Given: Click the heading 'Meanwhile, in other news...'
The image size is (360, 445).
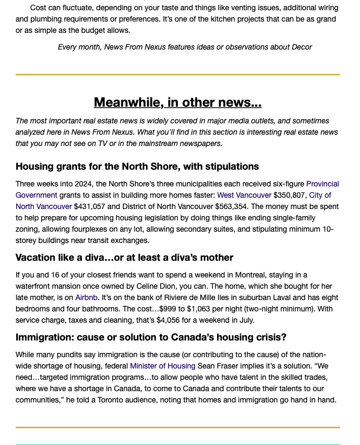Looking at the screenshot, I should click(177, 102).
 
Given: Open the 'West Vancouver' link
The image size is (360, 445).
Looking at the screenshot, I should click(244, 195).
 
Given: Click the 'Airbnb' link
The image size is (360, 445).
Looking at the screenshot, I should click(86, 297).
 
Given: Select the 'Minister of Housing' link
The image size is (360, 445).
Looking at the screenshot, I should click(162, 366).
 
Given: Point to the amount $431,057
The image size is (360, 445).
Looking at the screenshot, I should click(89, 206).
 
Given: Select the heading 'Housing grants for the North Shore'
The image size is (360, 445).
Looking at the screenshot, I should click(137, 166).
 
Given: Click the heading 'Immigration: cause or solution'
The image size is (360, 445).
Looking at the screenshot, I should click(151, 338).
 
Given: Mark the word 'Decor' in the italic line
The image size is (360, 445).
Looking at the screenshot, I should click(301, 47).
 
